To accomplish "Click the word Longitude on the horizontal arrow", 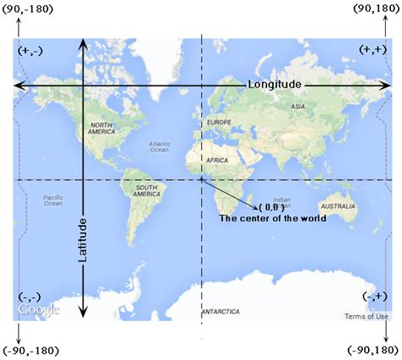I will (274, 85).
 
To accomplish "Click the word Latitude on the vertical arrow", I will (83, 239).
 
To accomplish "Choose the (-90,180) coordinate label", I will (372, 351).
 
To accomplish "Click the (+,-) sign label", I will (28, 50).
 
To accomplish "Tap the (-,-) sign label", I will (28, 295).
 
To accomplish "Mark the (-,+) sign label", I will (374, 295).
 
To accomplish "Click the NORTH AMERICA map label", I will (101, 130).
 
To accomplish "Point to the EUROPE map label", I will (219, 123).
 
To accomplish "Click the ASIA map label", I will (298, 107).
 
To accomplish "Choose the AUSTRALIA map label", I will (338, 206).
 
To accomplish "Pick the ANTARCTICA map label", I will (221, 312).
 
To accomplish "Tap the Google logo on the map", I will (39, 310).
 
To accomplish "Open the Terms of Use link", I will (366, 317).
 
